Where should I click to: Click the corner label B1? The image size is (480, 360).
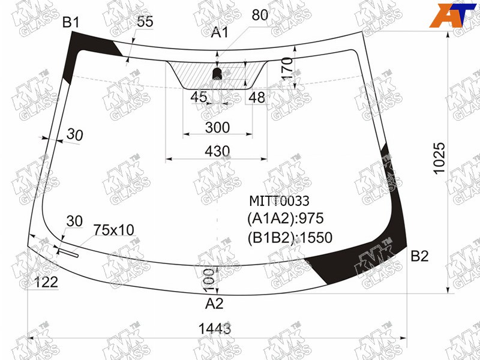pos(71,23)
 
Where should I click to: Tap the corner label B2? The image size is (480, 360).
pos(419,256)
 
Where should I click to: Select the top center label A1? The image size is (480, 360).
pos(220,32)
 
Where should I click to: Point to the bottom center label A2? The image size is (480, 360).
pos(214,304)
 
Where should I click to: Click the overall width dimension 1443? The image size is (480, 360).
pos(215,329)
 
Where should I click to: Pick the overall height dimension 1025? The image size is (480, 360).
pos(439,158)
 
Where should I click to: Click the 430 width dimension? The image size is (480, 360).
pos(217,151)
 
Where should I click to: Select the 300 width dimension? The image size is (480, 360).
pos(217,127)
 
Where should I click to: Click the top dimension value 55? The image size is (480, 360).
pos(145,22)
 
